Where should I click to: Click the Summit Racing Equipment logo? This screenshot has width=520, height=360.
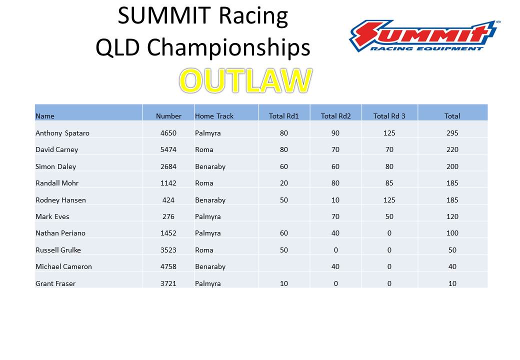(x=425, y=36)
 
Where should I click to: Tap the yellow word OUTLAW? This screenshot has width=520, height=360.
(x=245, y=80)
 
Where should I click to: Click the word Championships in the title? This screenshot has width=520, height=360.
(x=228, y=47)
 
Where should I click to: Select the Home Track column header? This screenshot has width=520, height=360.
(x=214, y=116)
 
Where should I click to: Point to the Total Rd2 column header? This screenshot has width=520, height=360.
(x=335, y=116)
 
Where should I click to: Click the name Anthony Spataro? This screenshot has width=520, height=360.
(x=62, y=133)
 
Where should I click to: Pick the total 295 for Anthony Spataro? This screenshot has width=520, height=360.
(x=452, y=133)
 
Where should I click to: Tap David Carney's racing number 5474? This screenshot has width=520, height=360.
(x=168, y=149)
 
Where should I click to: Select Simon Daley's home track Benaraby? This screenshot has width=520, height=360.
(x=210, y=166)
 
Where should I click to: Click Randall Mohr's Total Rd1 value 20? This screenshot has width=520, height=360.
(x=284, y=183)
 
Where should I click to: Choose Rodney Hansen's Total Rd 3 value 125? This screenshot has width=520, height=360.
(x=389, y=200)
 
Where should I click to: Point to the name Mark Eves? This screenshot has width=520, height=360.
(x=52, y=216)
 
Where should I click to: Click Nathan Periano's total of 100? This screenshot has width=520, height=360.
(x=452, y=233)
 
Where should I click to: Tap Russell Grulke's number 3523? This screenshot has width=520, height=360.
(x=168, y=250)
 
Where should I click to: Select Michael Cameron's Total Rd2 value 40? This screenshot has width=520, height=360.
(x=335, y=266)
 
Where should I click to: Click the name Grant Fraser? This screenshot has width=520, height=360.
(x=55, y=283)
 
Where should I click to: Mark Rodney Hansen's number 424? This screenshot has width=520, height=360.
(x=168, y=200)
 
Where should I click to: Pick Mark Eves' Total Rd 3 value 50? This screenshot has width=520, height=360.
(x=389, y=216)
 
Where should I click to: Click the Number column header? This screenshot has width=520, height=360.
(x=169, y=116)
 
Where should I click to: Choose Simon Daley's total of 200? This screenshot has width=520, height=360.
(x=452, y=166)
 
